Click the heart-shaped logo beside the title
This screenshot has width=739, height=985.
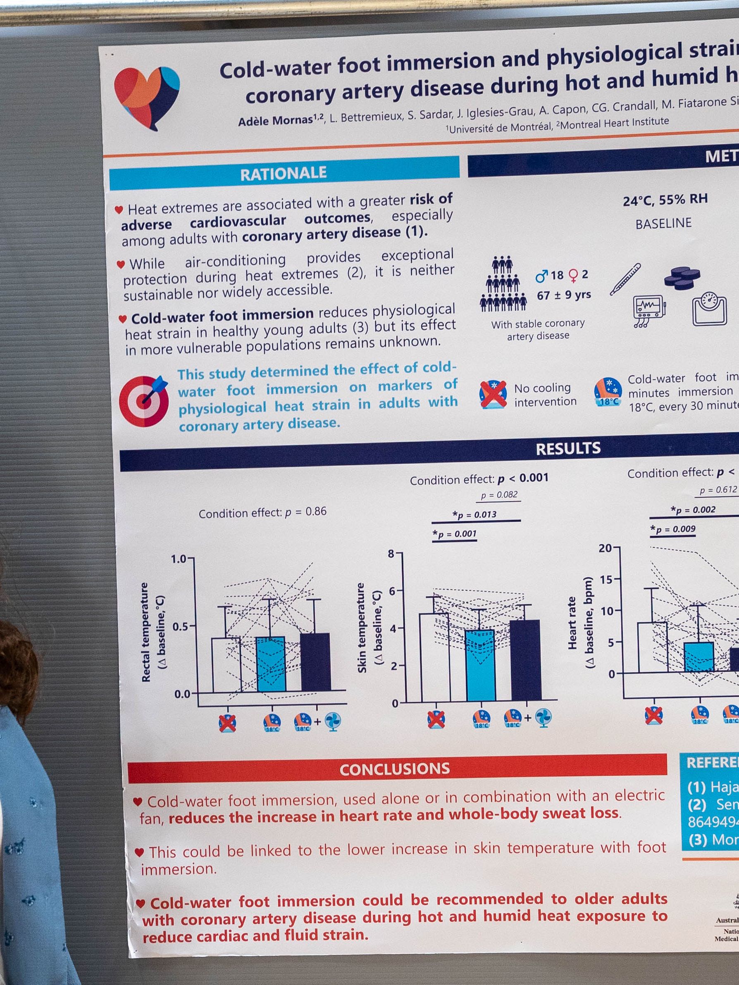tap(147, 97)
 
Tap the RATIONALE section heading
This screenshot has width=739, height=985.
tap(284, 173)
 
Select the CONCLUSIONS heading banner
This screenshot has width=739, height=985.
tap(395, 769)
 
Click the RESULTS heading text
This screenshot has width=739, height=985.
tap(568, 448)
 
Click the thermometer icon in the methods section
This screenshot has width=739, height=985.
tap(625, 279)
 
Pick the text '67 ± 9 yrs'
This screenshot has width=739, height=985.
tap(563, 295)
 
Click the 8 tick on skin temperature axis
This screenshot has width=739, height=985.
tap(391, 554)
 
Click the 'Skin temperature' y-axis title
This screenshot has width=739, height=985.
tap(362, 628)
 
